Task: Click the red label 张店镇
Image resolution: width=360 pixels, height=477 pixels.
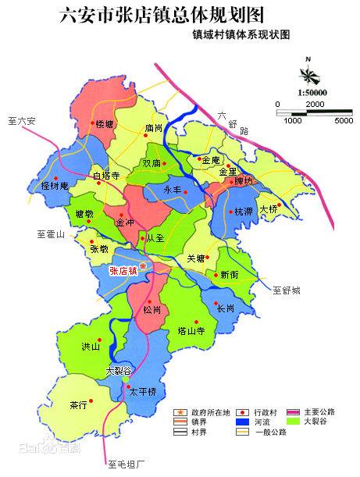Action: pos(123,271)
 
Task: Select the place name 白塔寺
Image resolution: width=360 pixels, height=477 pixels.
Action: pos(106,176)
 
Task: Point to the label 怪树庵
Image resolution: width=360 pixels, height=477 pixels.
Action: pos(55,186)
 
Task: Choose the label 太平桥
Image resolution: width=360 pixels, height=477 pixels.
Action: pos(144,391)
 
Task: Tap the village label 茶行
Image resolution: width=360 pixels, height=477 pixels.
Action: pos(77,405)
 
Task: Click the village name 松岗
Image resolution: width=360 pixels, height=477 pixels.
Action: pos(152,310)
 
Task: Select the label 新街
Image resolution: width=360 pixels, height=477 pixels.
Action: pos(230,275)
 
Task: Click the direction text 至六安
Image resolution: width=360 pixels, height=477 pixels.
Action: pos(22,121)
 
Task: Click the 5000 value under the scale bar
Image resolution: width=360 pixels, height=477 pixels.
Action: pos(343,121)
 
